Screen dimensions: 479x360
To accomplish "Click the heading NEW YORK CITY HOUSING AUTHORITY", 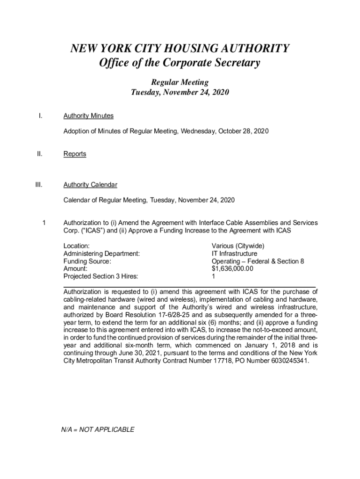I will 180,49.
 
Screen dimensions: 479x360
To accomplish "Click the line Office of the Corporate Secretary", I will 180,63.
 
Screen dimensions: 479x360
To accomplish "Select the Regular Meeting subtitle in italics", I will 180,82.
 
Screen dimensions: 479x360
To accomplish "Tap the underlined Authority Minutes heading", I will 88,116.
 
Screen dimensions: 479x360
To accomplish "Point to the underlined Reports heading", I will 75,154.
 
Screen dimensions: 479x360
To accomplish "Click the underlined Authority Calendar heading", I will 90,185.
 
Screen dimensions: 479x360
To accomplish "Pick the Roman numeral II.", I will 40,154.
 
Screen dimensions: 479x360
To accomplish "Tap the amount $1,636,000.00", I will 232,269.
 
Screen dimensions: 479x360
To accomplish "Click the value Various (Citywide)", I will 238,246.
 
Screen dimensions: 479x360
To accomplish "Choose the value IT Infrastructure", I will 234,254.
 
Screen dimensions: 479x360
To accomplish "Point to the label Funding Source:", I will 87,261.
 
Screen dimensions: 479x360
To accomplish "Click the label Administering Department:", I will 101,254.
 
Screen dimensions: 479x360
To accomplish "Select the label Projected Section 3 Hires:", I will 101,277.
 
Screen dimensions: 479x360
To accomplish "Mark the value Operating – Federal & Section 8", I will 258,261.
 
